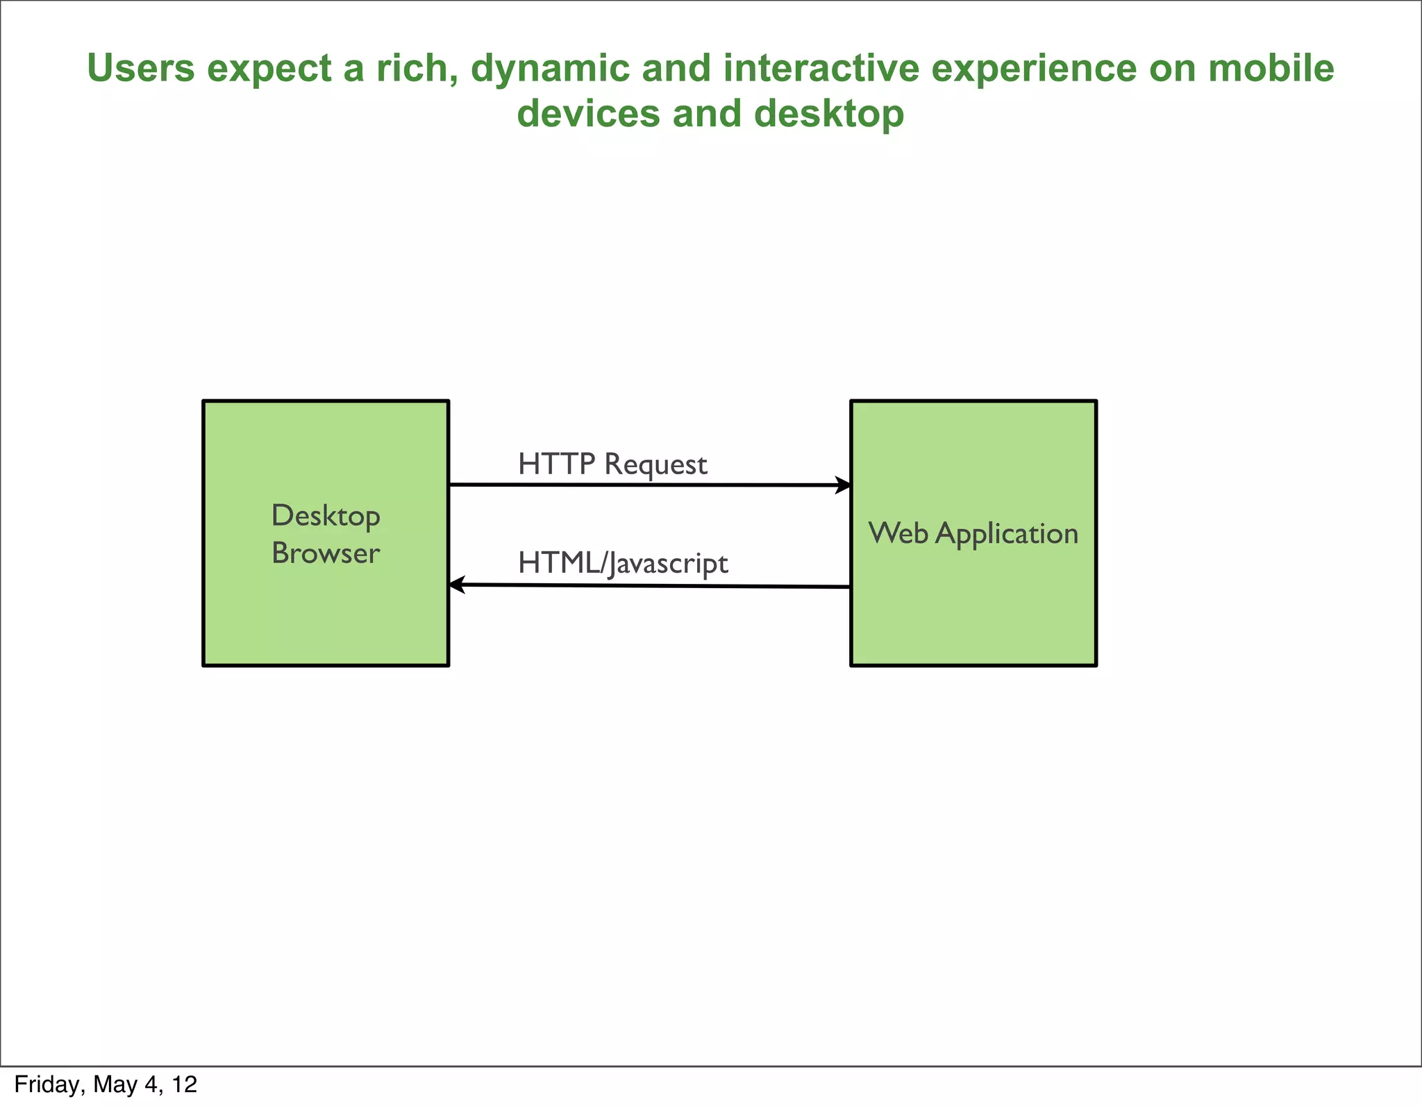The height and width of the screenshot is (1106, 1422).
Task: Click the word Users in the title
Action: [x=140, y=69]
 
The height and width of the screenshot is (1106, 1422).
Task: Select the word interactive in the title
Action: [x=821, y=69]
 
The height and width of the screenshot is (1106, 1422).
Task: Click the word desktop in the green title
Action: [x=829, y=114]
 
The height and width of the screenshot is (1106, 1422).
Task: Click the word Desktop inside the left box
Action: [x=326, y=517]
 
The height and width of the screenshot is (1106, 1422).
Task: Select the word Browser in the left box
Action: [x=326, y=553]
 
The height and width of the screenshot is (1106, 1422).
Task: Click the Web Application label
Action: [x=973, y=533]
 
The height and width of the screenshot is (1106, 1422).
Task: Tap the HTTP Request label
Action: [x=612, y=464]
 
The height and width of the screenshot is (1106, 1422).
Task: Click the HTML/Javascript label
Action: [x=623, y=563]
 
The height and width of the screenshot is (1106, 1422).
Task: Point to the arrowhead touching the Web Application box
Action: [x=843, y=485]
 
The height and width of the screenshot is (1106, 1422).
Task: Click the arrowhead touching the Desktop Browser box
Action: [x=457, y=585]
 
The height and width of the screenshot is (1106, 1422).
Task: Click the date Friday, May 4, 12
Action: [x=106, y=1084]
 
